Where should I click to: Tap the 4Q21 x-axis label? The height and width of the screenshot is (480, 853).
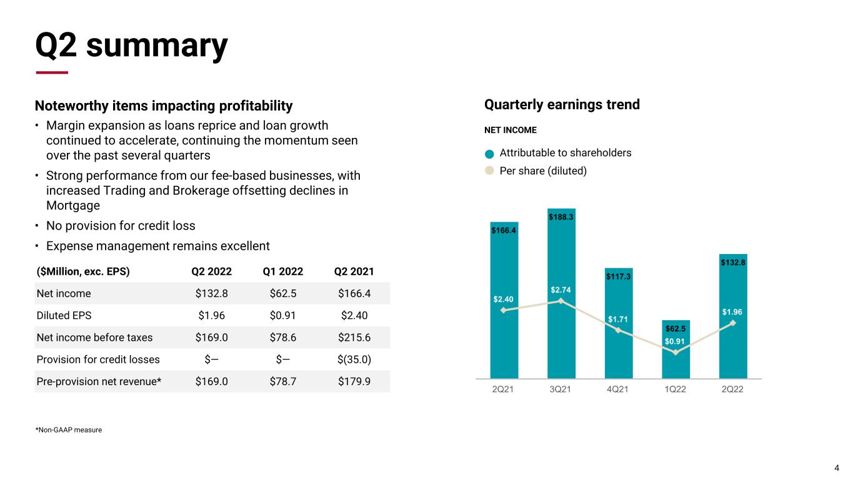pos(618,389)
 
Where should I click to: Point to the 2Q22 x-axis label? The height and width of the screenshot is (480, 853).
pos(733,389)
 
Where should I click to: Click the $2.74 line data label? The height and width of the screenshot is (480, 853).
pos(561,290)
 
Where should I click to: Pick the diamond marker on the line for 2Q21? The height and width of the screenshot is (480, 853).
pos(504,310)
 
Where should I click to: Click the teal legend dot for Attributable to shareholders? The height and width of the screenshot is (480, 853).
pos(489,154)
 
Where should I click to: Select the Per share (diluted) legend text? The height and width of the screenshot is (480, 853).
pos(543,170)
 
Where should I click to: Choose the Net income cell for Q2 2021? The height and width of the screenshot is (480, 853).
pos(354,293)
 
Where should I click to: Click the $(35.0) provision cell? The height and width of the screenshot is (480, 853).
pos(354,359)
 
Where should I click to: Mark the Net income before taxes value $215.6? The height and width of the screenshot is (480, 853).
pos(354,337)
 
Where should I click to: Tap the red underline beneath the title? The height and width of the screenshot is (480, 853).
pos(52,72)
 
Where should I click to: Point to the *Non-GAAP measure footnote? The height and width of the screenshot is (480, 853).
pos(69,429)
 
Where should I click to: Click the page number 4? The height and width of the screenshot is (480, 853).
pos(837,468)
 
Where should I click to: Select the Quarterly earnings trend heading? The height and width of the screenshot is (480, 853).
pos(562,104)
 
